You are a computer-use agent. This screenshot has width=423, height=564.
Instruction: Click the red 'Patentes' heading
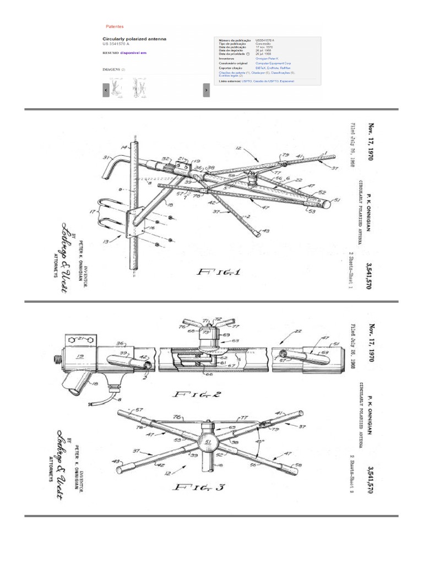click(x=115, y=26)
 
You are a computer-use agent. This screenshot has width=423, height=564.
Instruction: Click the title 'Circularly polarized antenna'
click(x=134, y=39)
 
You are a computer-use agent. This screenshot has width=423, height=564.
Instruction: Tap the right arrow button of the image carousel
click(x=206, y=90)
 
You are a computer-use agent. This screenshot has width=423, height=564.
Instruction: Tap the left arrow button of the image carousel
click(x=106, y=90)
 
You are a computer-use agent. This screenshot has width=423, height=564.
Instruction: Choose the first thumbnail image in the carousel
click(x=116, y=90)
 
